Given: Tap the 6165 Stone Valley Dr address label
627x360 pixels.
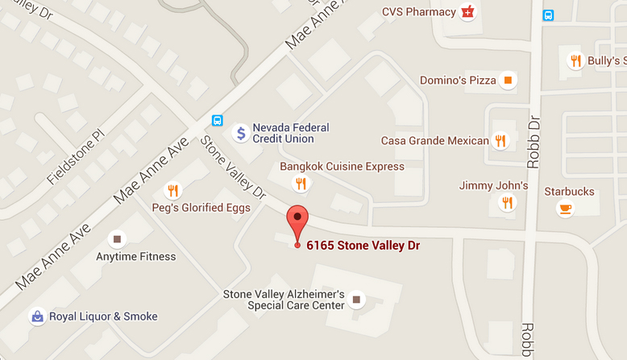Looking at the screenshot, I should [x=363, y=245].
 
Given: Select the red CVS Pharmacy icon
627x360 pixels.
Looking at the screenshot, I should [x=467, y=11].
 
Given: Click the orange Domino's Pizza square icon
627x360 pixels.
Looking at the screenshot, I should [x=508, y=80].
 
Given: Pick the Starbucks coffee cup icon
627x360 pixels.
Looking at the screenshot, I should [x=565, y=209].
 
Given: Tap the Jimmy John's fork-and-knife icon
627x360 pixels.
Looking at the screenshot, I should [x=507, y=203].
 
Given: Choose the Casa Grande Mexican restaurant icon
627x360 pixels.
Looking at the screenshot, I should [x=500, y=141].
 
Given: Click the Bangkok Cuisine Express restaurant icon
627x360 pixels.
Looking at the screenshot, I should [x=301, y=184].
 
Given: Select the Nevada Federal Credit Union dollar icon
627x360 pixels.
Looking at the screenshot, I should [x=240, y=134].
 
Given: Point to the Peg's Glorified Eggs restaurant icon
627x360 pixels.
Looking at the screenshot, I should [x=172, y=191].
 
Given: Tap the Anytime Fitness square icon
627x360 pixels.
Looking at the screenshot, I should [x=117, y=239].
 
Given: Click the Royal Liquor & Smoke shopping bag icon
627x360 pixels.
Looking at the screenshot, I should [x=36, y=317].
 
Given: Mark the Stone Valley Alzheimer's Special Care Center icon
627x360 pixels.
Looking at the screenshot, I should [x=355, y=300].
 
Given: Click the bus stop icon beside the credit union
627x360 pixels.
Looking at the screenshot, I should [x=217, y=121].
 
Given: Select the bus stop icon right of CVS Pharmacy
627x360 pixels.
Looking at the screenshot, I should [x=549, y=15].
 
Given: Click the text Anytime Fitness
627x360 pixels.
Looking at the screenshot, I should [x=136, y=257].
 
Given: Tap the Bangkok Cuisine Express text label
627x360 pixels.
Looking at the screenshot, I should [x=342, y=167].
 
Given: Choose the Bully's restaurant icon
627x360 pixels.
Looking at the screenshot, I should [x=575, y=60].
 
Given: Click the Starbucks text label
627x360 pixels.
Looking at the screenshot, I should [x=569, y=192].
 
